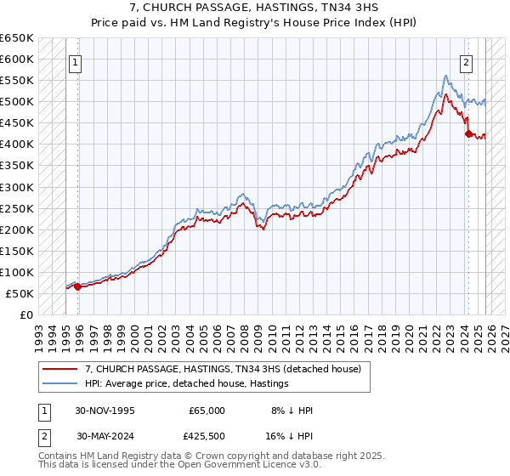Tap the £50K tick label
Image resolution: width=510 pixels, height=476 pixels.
[x=20, y=293]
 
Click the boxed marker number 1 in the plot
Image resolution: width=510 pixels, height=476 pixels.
[x=76, y=62]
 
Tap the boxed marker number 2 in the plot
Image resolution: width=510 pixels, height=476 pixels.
[x=467, y=62]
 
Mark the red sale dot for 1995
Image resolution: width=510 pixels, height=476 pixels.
[x=78, y=286]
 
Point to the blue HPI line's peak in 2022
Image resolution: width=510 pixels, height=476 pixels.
[x=445, y=76]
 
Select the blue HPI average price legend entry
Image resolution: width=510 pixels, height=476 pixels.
[x=186, y=384]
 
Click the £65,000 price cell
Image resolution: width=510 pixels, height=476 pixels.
[x=207, y=411]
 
